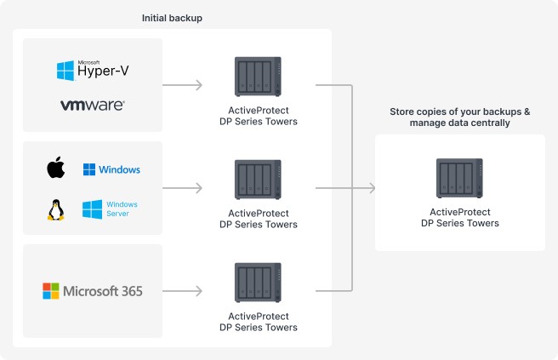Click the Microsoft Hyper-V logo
point(93,70)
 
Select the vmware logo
point(93,105)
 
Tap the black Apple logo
point(56,168)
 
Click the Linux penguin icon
point(56,209)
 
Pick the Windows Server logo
point(110,209)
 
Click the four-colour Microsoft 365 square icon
point(51,291)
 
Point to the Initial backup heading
point(172,18)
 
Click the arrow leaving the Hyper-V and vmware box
point(182,85)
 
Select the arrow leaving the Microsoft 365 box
point(182,291)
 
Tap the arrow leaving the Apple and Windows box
point(182,188)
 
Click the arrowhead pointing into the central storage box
point(372,188)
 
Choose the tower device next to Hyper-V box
point(258,77)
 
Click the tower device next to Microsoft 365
point(258,283)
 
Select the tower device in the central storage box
point(459,178)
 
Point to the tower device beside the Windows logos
point(258,180)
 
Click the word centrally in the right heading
point(492,123)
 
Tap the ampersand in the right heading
point(527,111)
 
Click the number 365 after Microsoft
point(132,291)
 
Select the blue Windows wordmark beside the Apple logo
point(120,169)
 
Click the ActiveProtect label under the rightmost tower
point(460,212)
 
